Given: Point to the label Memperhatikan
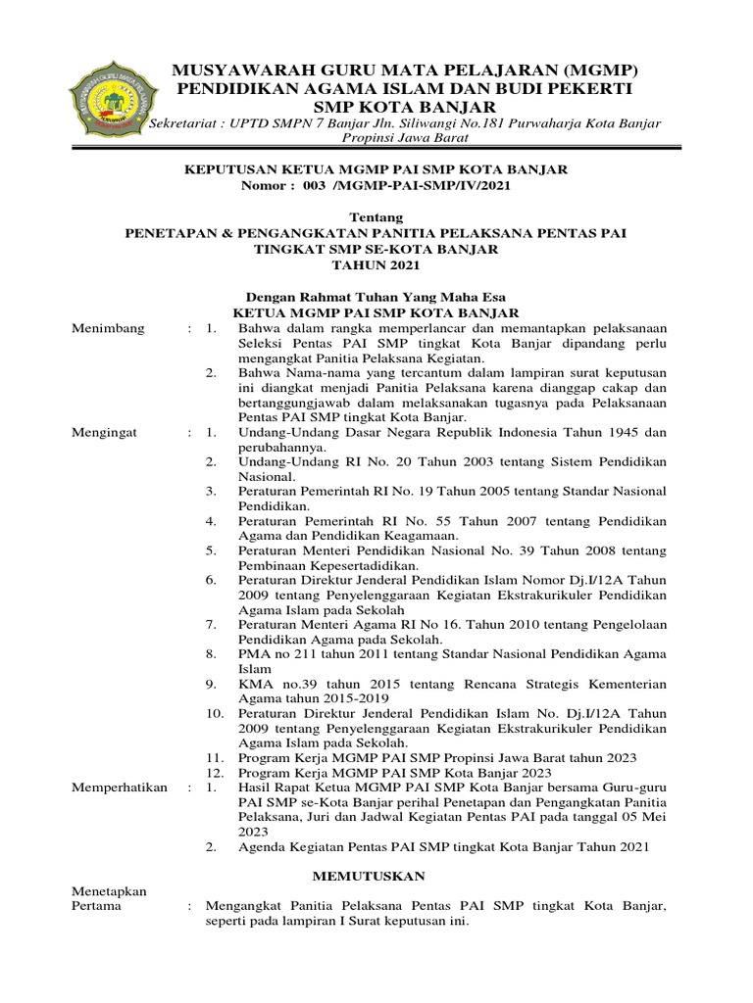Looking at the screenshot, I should point(119,787).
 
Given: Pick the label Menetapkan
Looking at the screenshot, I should point(109,891).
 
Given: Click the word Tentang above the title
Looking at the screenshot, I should point(376,215).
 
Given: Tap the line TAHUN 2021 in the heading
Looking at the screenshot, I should point(376,264).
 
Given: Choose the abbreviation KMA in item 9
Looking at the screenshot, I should point(255,683).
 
